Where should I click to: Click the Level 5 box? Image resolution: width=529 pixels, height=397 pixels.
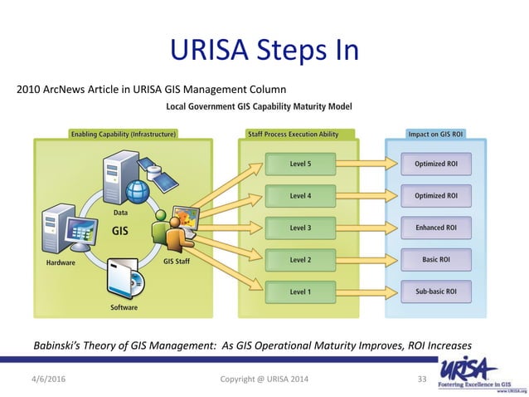(x=300, y=163)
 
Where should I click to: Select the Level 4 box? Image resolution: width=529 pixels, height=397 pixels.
(x=300, y=195)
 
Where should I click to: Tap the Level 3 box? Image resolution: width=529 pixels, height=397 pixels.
(x=300, y=228)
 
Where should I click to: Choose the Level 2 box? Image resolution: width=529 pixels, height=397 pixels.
(x=300, y=260)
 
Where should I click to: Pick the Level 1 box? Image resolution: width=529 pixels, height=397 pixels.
(x=300, y=292)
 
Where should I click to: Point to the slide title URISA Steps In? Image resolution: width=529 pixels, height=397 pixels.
(x=264, y=51)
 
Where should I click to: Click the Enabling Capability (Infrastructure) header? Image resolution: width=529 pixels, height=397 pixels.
(x=122, y=133)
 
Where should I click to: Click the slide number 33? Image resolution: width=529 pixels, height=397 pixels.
(x=420, y=380)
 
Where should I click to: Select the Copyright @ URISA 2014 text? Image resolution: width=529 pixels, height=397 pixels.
(x=264, y=380)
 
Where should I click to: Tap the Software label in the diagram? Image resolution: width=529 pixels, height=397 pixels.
(x=125, y=306)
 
